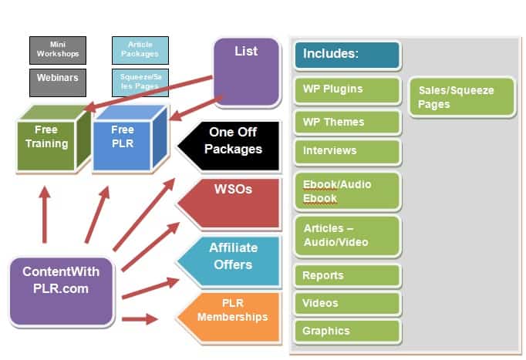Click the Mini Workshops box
coord(58,50)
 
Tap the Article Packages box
coord(140,50)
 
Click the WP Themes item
coord(347,123)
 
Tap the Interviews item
coord(347,151)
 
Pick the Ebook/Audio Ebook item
coord(347,192)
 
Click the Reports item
coord(347,276)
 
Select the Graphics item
coord(347,331)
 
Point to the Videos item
coord(347,304)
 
